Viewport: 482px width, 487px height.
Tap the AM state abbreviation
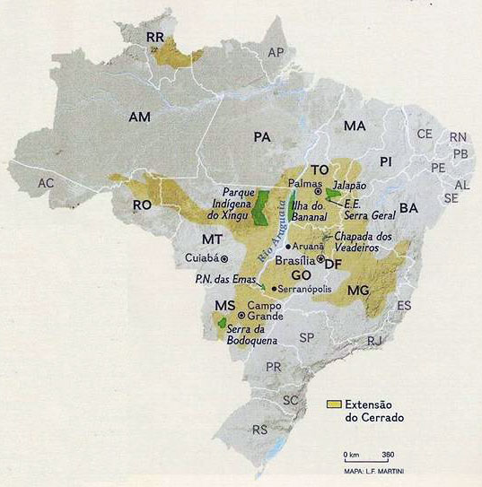140,117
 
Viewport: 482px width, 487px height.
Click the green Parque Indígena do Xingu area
261,207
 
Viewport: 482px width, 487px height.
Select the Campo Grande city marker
241,316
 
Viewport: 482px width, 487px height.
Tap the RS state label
261,430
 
